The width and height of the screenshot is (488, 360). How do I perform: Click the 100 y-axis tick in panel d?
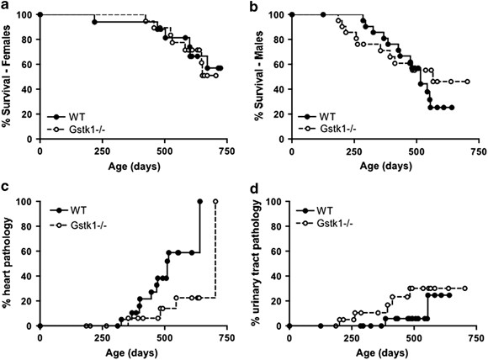(274, 202)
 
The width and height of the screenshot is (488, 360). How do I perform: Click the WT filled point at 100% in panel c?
(200, 202)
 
